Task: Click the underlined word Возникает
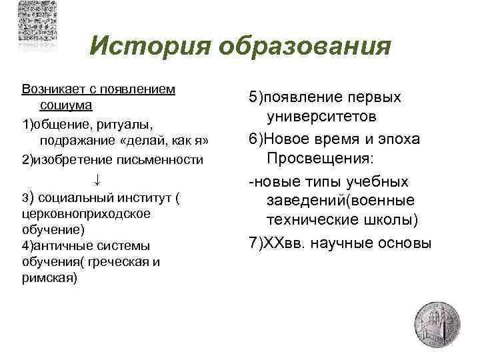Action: pos(52,89)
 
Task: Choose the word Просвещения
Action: pos(320,159)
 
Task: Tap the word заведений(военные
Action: pos(341,200)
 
